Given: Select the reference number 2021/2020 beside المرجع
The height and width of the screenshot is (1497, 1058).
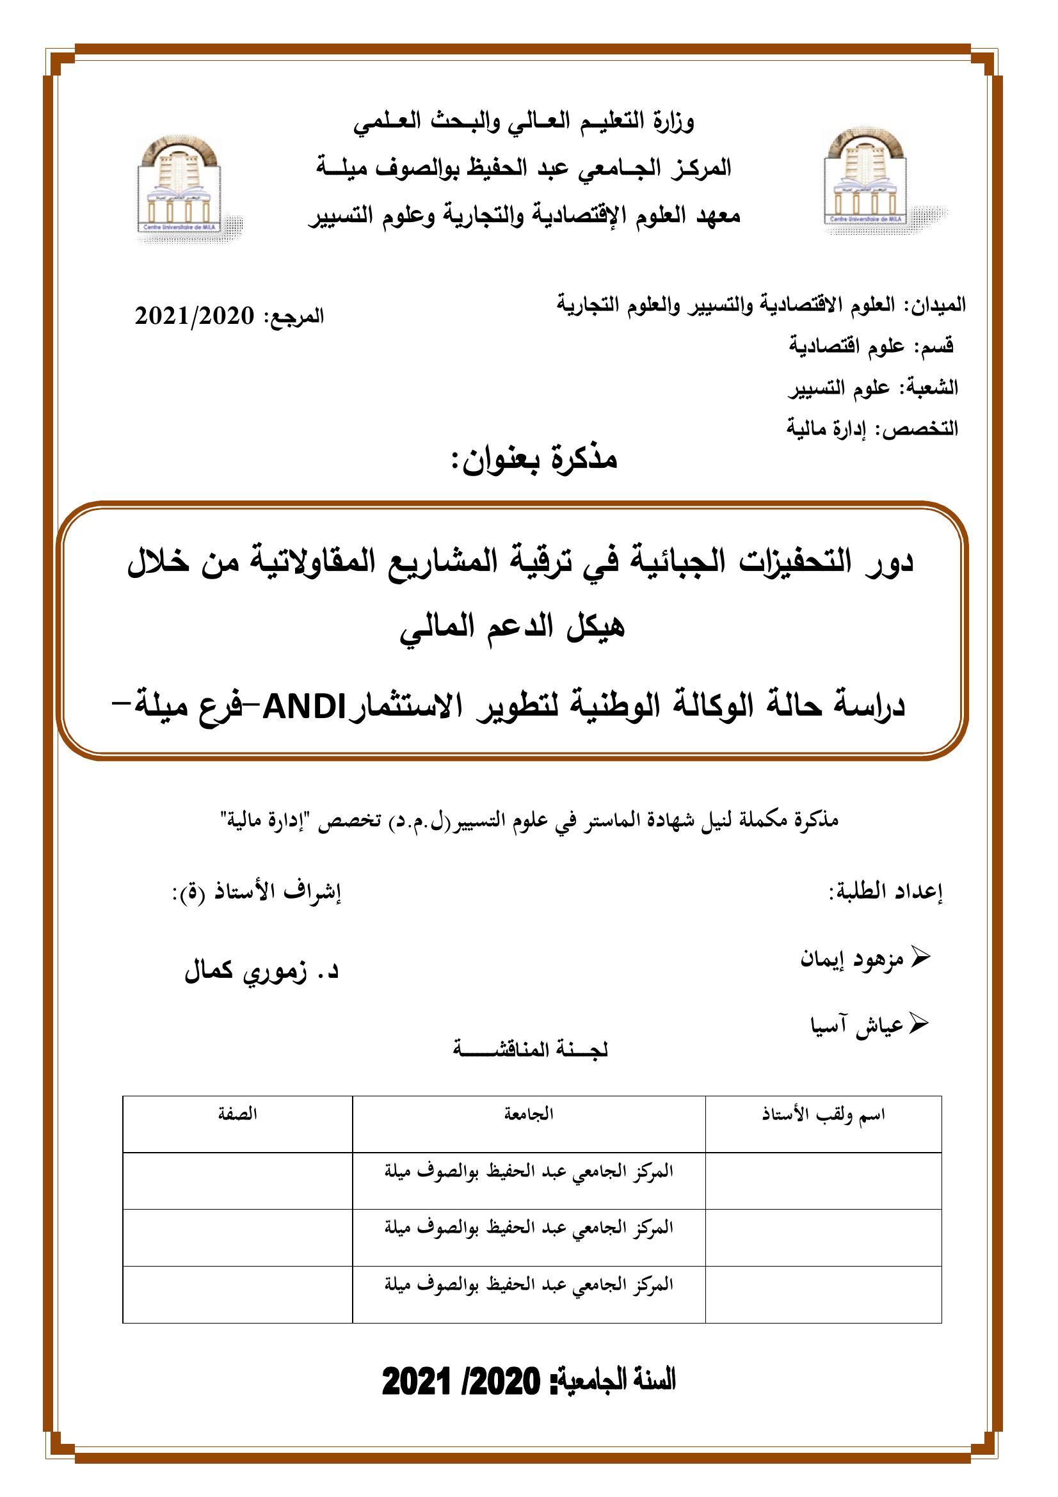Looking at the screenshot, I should click(x=195, y=317).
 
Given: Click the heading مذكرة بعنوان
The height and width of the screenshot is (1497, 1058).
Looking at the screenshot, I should click(x=534, y=460).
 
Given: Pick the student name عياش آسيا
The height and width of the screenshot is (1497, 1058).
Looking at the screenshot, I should click(x=856, y=1025).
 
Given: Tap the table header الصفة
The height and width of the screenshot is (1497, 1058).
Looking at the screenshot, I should click(x=237, y=1114).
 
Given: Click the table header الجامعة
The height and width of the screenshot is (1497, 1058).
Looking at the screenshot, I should click(x=529, y=1114).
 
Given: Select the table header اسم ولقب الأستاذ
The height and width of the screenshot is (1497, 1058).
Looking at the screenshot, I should click(x=823, y=1114).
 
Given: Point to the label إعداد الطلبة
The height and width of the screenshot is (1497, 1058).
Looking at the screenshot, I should click(x=886, y=892).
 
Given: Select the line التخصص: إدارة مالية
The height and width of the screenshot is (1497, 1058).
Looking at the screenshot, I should click(x=872, y=428).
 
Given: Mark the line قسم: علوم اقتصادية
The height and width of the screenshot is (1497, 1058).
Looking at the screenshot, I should click(x=872, y=346).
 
